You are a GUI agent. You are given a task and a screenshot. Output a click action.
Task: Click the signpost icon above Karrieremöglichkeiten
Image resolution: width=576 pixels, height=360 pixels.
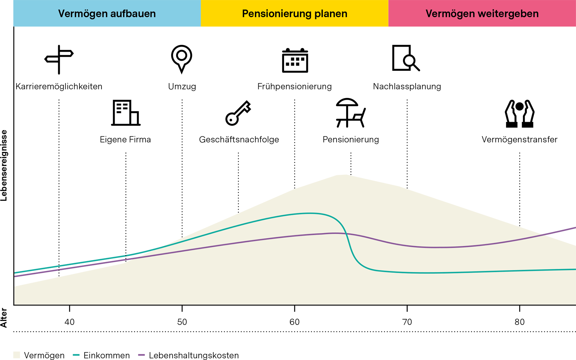tap(59, 59)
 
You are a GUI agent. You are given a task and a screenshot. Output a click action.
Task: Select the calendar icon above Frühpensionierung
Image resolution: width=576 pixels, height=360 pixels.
tap(295, 60)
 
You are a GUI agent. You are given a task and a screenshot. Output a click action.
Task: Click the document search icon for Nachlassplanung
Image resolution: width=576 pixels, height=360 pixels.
tap(406, 58)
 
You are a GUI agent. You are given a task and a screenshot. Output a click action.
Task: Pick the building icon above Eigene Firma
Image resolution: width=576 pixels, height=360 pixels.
tap(126, 113)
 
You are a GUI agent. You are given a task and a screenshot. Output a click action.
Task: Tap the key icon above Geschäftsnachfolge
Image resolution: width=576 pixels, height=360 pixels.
tap(238, 113)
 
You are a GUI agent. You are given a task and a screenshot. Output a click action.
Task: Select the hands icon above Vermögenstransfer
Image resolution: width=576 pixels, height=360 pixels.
tap(520, 114)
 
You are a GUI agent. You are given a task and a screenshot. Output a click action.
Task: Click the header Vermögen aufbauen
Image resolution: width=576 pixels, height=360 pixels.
tap(107, 14)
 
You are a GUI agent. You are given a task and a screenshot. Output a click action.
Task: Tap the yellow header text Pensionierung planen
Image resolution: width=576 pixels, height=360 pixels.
tap(295, 14)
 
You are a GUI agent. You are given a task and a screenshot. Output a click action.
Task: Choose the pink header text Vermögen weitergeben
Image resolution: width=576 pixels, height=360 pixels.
tap(482, 14)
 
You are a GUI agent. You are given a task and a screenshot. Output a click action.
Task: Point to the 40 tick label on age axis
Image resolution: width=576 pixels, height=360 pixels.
tap(70, 322)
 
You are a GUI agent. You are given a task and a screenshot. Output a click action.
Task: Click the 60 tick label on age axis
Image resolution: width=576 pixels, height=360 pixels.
tap(295, 322)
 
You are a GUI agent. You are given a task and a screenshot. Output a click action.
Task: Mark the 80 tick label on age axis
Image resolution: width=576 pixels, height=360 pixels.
tap(520, 322)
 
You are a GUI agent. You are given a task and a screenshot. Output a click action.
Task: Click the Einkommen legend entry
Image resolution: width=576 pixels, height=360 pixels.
tap(101, 355)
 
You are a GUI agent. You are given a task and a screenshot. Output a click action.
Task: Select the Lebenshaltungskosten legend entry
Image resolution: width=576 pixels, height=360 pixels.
tap(188, 355)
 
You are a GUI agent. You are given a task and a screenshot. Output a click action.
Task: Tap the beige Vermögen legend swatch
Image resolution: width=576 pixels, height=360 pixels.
tap(16, 355)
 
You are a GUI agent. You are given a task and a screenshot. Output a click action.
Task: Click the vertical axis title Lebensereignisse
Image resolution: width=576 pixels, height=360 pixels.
tap(4, 165)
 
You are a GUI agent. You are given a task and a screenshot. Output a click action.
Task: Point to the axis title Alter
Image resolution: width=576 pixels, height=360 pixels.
tap(4, 318)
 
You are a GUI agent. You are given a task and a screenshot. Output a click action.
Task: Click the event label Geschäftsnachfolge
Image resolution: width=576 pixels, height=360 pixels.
tap(239, 139)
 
